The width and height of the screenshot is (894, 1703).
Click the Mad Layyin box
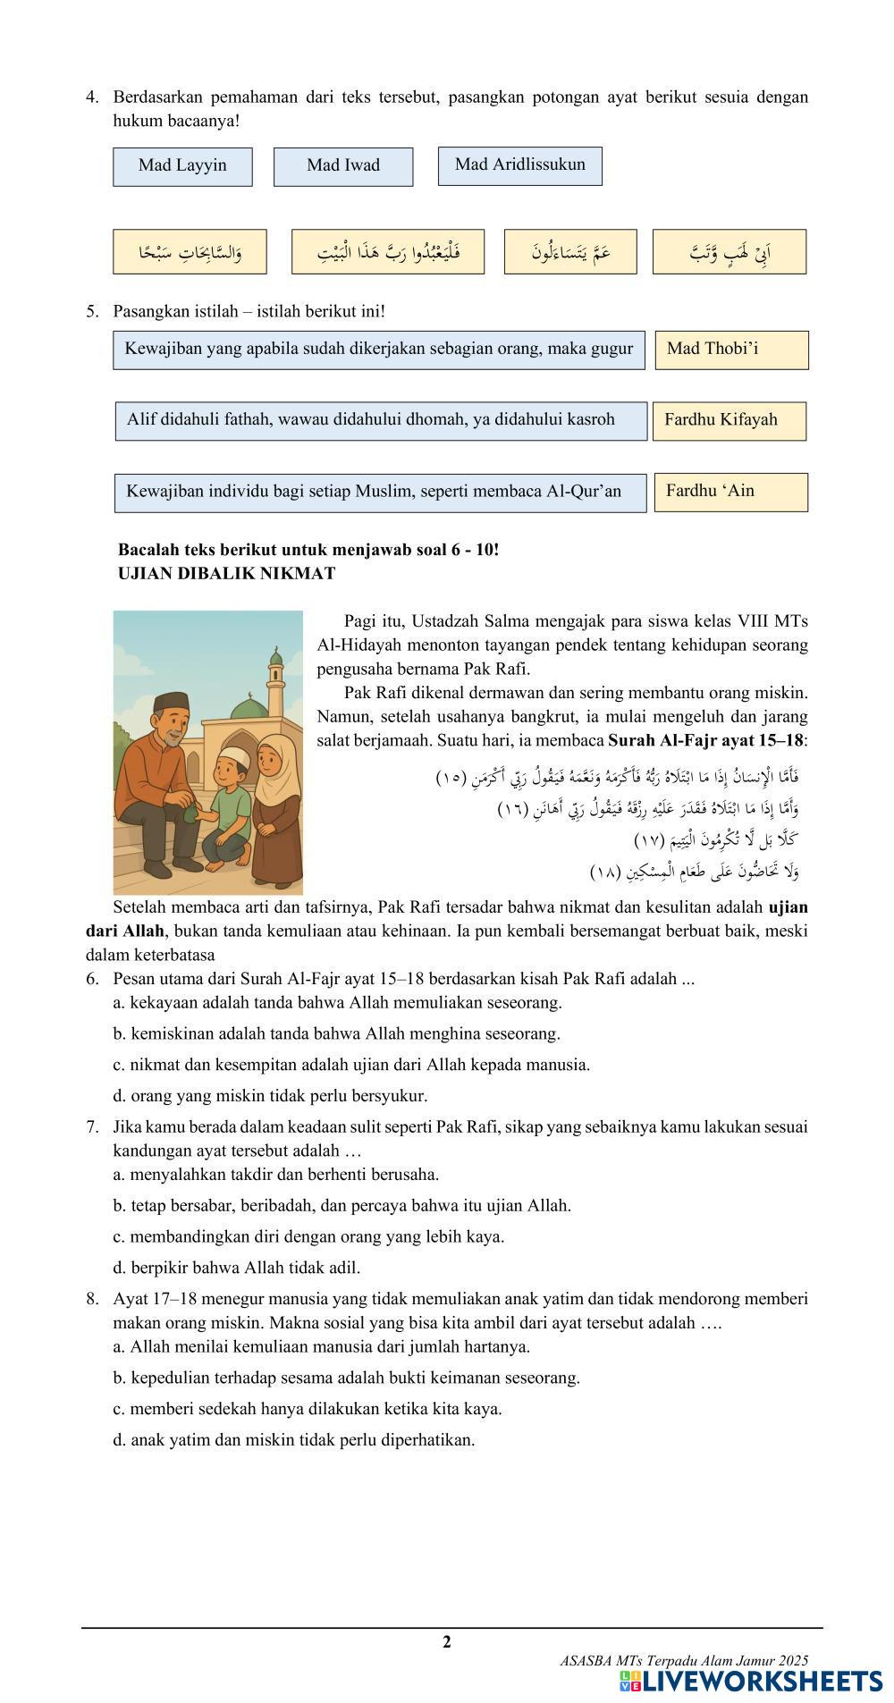[x=182, y=166]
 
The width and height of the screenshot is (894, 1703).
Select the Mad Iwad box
[x=343, y=166]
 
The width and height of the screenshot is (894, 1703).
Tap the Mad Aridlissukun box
[x=519, y=165]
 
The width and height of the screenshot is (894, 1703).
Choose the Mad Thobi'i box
[x=731, y=350]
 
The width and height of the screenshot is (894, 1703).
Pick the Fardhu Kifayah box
[x=729, y=420]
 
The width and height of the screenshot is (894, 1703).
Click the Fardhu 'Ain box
[x=730, y=492]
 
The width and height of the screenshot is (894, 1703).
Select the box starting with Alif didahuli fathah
[x=381, y=420]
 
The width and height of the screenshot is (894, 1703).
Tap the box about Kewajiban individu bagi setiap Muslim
[x=380, y=493]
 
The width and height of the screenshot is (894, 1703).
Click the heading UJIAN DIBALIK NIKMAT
[x=226, y=574]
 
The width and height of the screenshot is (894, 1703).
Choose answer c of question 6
[x=351, y=1065]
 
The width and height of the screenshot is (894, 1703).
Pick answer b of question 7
[x=342, y=1205]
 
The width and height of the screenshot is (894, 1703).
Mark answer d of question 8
[x=294, y=1439]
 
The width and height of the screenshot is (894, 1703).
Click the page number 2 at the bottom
[x=447, y=1641]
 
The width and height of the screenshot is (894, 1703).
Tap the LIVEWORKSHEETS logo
[x=750, y=1681]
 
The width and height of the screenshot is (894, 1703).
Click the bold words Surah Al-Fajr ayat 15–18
[x=705, y=740]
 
